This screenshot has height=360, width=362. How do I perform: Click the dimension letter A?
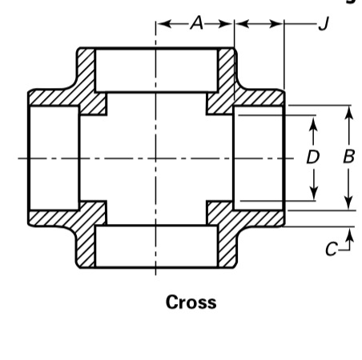(x=197, y=23)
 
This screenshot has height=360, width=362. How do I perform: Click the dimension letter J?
(x=324, y=23)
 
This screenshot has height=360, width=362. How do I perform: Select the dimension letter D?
(x=313, y=157)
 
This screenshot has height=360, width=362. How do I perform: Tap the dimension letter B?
(x=349, y=156)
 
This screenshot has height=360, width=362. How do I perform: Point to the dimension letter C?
(x=332, y=249)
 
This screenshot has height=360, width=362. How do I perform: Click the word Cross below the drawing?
(x=191, y=302)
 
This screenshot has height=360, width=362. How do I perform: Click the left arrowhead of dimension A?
(x=164, y=24)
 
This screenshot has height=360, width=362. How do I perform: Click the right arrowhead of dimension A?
(x=226, y=24)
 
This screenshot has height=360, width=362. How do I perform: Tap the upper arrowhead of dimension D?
(x=313, y=123)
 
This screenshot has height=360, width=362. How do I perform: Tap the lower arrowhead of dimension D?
(x=314, y=194)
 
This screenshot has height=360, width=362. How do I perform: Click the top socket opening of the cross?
(x=156, y=70)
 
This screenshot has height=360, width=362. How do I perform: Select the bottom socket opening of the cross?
(x=156, y=246)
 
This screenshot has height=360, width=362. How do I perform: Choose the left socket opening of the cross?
(x=54, y=158)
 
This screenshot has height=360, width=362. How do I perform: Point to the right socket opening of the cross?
(x=259, y=158)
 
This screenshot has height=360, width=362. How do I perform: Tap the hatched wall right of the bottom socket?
(x=227, y=246)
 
